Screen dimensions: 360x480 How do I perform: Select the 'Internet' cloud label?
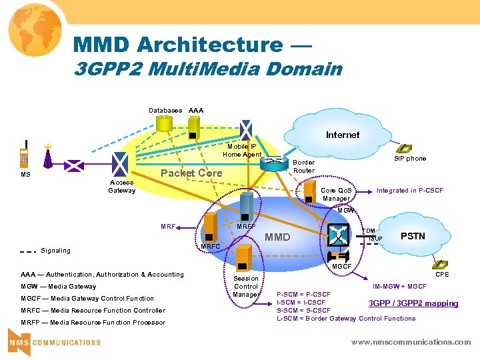coord(343,135)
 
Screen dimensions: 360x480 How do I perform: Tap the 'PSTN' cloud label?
coord(412,236)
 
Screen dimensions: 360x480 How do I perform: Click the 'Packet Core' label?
coord(191,173)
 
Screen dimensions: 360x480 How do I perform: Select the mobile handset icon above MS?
coord(25,157)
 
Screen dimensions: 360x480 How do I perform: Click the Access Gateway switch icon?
coord(121,163)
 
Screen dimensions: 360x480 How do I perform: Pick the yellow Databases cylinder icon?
coord(163,126)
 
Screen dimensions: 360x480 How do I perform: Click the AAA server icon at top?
coord(195,126)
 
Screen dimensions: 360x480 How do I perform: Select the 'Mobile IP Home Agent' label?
coord(242,151)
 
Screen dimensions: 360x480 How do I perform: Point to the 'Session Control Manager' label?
coord(246,287)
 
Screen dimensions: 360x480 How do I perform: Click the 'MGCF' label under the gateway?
coord(341,267)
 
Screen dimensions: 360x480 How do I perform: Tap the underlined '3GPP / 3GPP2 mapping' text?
coord(413,303)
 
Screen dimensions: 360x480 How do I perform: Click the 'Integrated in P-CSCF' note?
coord(409,191)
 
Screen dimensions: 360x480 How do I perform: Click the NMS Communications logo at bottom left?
coord(54,342)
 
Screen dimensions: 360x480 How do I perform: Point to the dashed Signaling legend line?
coord(27,251)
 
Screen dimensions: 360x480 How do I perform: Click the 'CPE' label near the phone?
coord(442,274)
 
